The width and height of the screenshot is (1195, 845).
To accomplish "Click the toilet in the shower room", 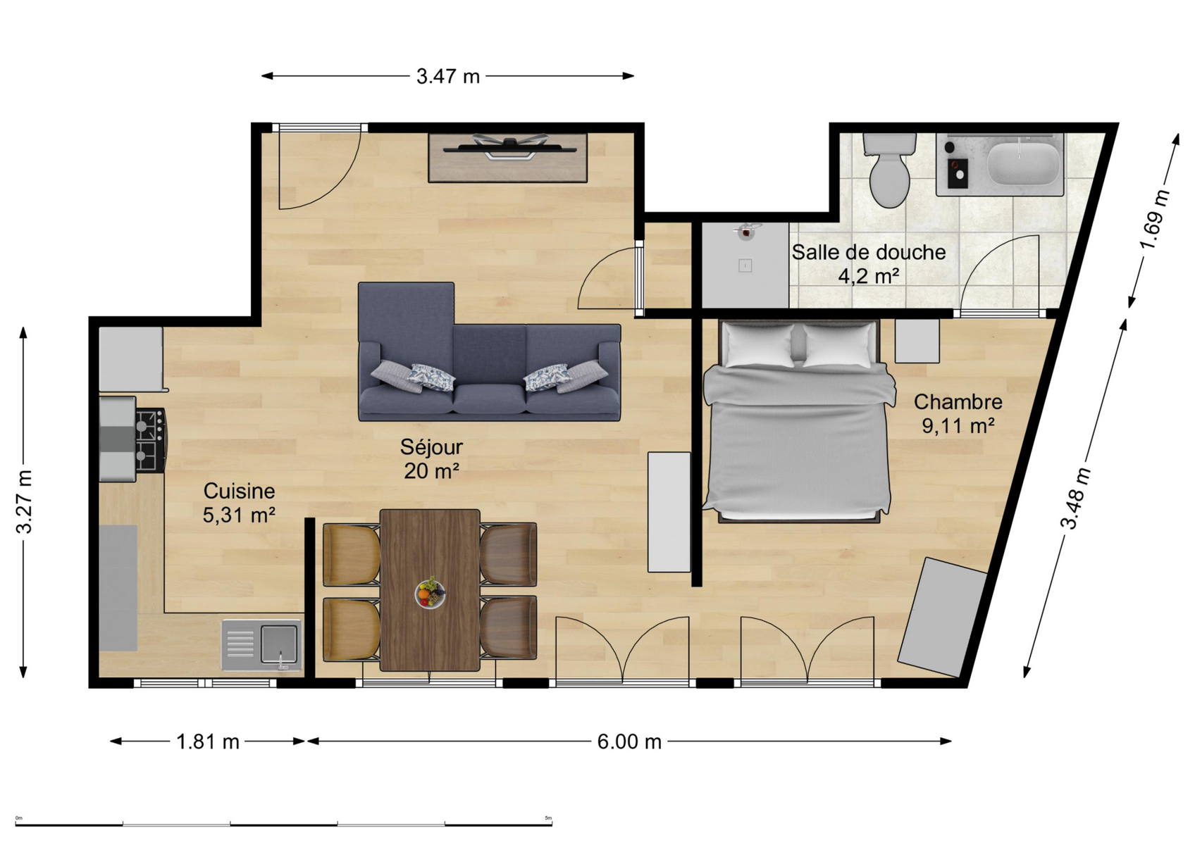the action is (889, 170).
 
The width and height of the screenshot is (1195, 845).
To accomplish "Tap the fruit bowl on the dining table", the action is (430, 593).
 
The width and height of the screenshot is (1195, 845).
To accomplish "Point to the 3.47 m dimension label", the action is (448, 77).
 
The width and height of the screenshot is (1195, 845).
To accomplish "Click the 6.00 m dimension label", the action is (629, 741).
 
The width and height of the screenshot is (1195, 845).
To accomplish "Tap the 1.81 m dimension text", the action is (208, 741).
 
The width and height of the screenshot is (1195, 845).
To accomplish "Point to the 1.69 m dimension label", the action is (1155, 220).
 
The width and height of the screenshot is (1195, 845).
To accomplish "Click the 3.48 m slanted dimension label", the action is (1075, 498).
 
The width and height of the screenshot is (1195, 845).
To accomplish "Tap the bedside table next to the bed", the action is (917, 342).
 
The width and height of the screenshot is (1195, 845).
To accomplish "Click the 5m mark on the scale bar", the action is (548, 818).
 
